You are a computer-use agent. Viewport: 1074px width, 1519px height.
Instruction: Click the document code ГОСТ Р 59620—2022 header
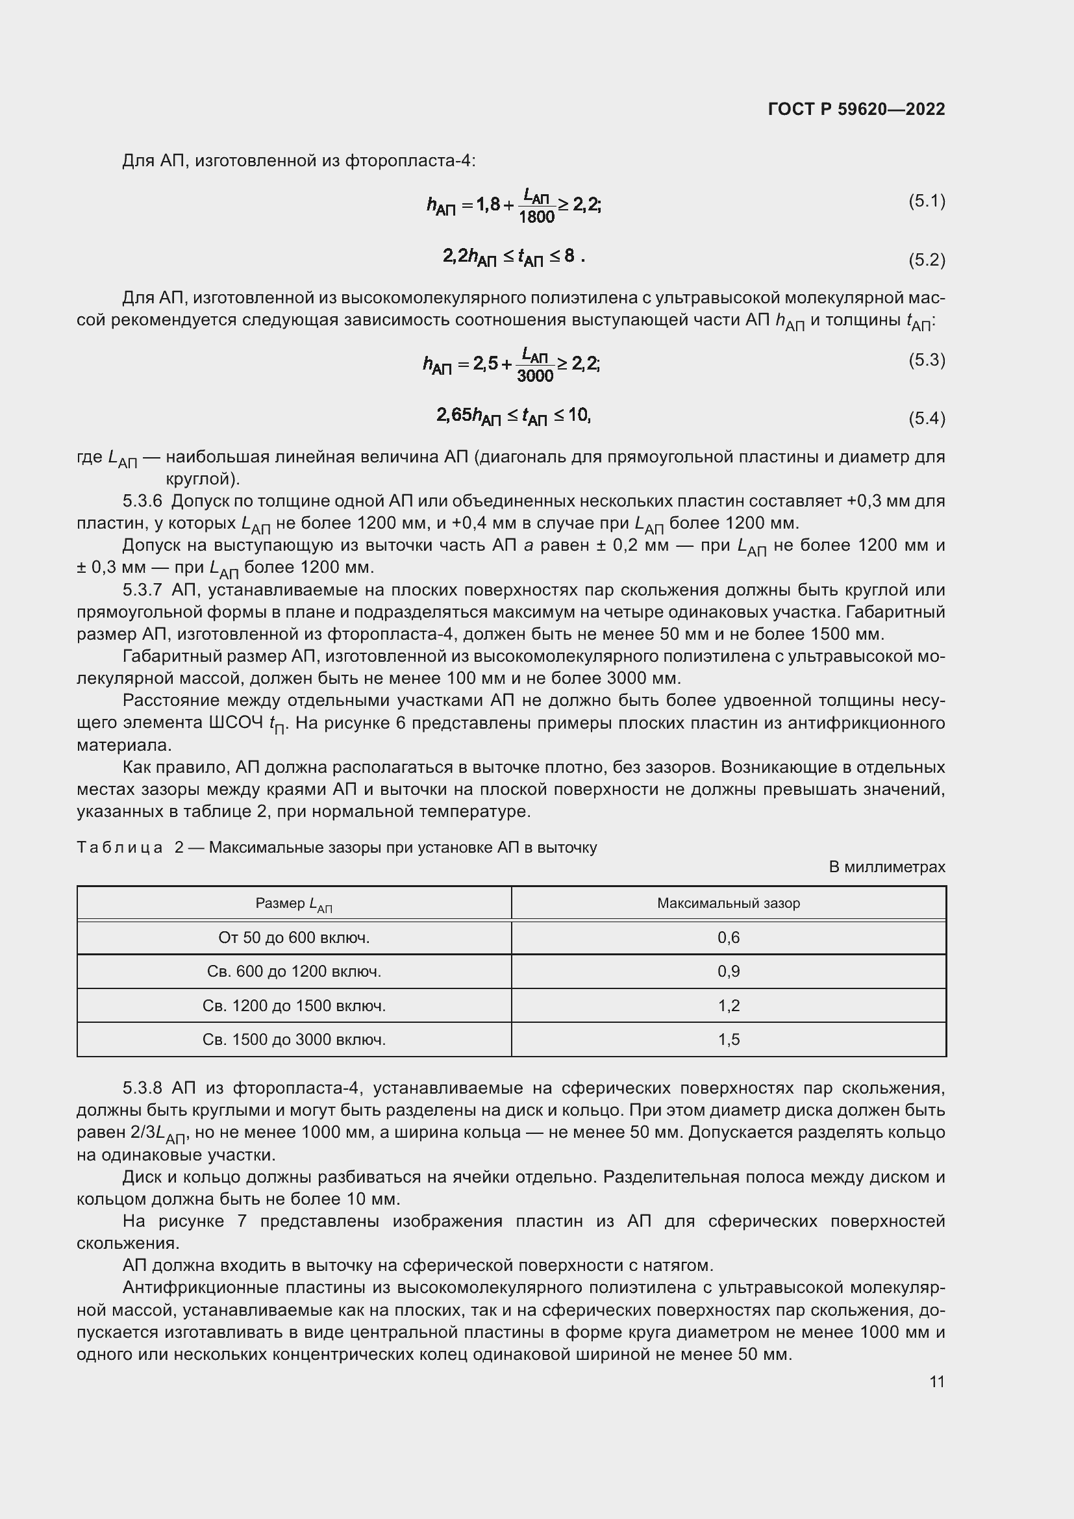856,109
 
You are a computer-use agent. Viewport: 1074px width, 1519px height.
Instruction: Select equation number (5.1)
927,201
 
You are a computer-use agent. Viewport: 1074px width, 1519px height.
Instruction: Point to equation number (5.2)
927,259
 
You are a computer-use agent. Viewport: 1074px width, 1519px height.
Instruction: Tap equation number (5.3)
927,360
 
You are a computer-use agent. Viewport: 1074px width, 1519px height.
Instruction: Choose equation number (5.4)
927,418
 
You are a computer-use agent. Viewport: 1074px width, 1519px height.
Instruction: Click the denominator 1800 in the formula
536,217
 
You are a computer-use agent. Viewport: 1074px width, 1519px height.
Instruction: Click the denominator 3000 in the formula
535,377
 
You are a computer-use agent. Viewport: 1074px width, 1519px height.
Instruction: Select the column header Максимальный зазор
728,903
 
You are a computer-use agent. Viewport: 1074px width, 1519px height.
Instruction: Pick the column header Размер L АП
293,904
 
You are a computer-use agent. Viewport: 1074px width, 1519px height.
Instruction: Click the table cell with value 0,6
728,938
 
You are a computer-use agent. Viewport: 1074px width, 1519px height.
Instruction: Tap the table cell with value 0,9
728,971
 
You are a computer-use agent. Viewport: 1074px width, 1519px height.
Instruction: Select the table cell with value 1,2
728,1005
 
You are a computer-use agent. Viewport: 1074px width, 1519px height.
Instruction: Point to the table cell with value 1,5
728,1039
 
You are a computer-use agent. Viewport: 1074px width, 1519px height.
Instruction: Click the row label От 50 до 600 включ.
293,938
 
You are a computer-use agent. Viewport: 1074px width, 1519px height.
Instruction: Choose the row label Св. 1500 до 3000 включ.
293,1039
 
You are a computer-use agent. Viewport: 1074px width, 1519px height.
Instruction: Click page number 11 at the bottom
936,1381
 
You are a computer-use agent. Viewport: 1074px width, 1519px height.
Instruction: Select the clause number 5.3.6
142,501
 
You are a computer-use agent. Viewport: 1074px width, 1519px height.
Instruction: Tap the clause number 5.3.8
142,1088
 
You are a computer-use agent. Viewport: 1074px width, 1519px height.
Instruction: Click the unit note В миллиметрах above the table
886,867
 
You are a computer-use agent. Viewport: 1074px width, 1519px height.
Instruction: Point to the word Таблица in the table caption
119,847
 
